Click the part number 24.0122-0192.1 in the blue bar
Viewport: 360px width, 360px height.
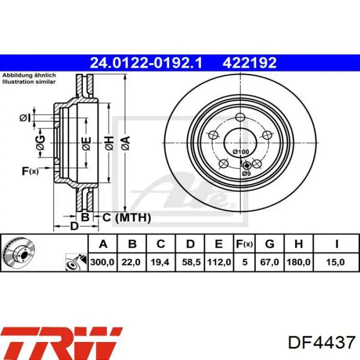[x=146, y=63]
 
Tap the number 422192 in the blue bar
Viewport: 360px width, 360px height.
[x=249, y=63]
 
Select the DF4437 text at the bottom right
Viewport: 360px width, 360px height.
[x=321, y=343]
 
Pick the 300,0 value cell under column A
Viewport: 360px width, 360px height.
[x=102, y=262]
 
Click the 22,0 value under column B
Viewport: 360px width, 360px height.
[x=131, y=262]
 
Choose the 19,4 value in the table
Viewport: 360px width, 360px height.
[x=160, y=262]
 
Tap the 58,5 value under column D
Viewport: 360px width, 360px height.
[x=191, y=262]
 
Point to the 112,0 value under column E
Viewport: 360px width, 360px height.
[x=219, y=262]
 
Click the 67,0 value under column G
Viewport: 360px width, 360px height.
[x=269, y=262]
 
